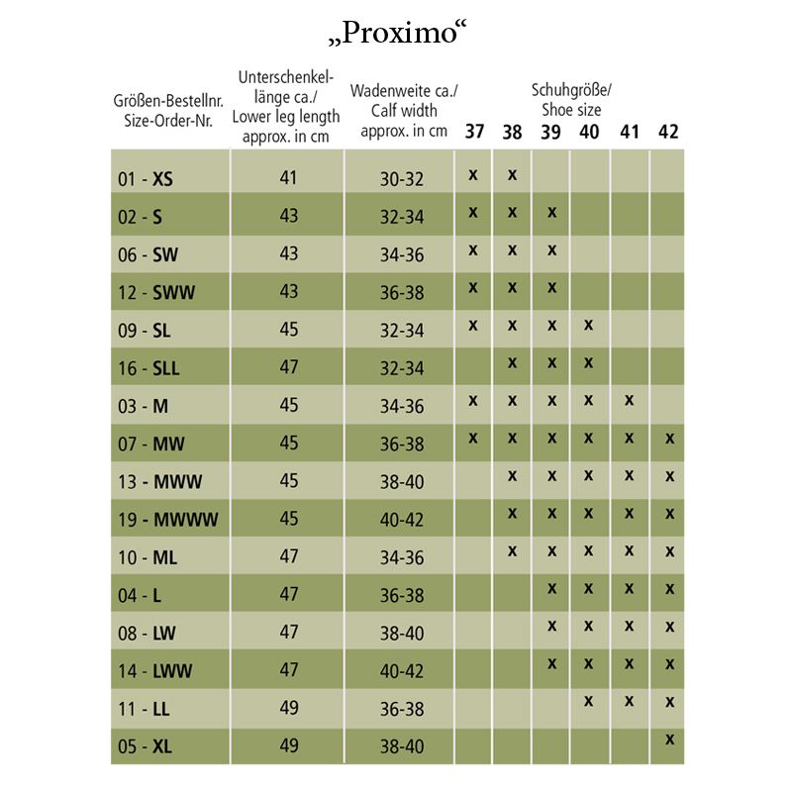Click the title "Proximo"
(395, 32)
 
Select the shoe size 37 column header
(475, 132)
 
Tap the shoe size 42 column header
(668, 132)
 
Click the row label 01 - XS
(145, 179)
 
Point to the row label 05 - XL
(145, 746)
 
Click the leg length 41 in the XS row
(288, 179)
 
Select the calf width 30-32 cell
(402, 179)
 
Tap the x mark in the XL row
(669, 739)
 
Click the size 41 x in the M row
(630, 400)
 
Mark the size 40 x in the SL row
(589, 325)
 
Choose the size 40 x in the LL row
(589, 701)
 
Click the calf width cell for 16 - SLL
(402, 368)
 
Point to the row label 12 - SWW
(155, 293)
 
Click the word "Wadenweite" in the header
(388, 91)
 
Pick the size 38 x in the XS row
(513, 174)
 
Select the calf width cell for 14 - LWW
(402, 671)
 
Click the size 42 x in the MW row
(669, 438)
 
